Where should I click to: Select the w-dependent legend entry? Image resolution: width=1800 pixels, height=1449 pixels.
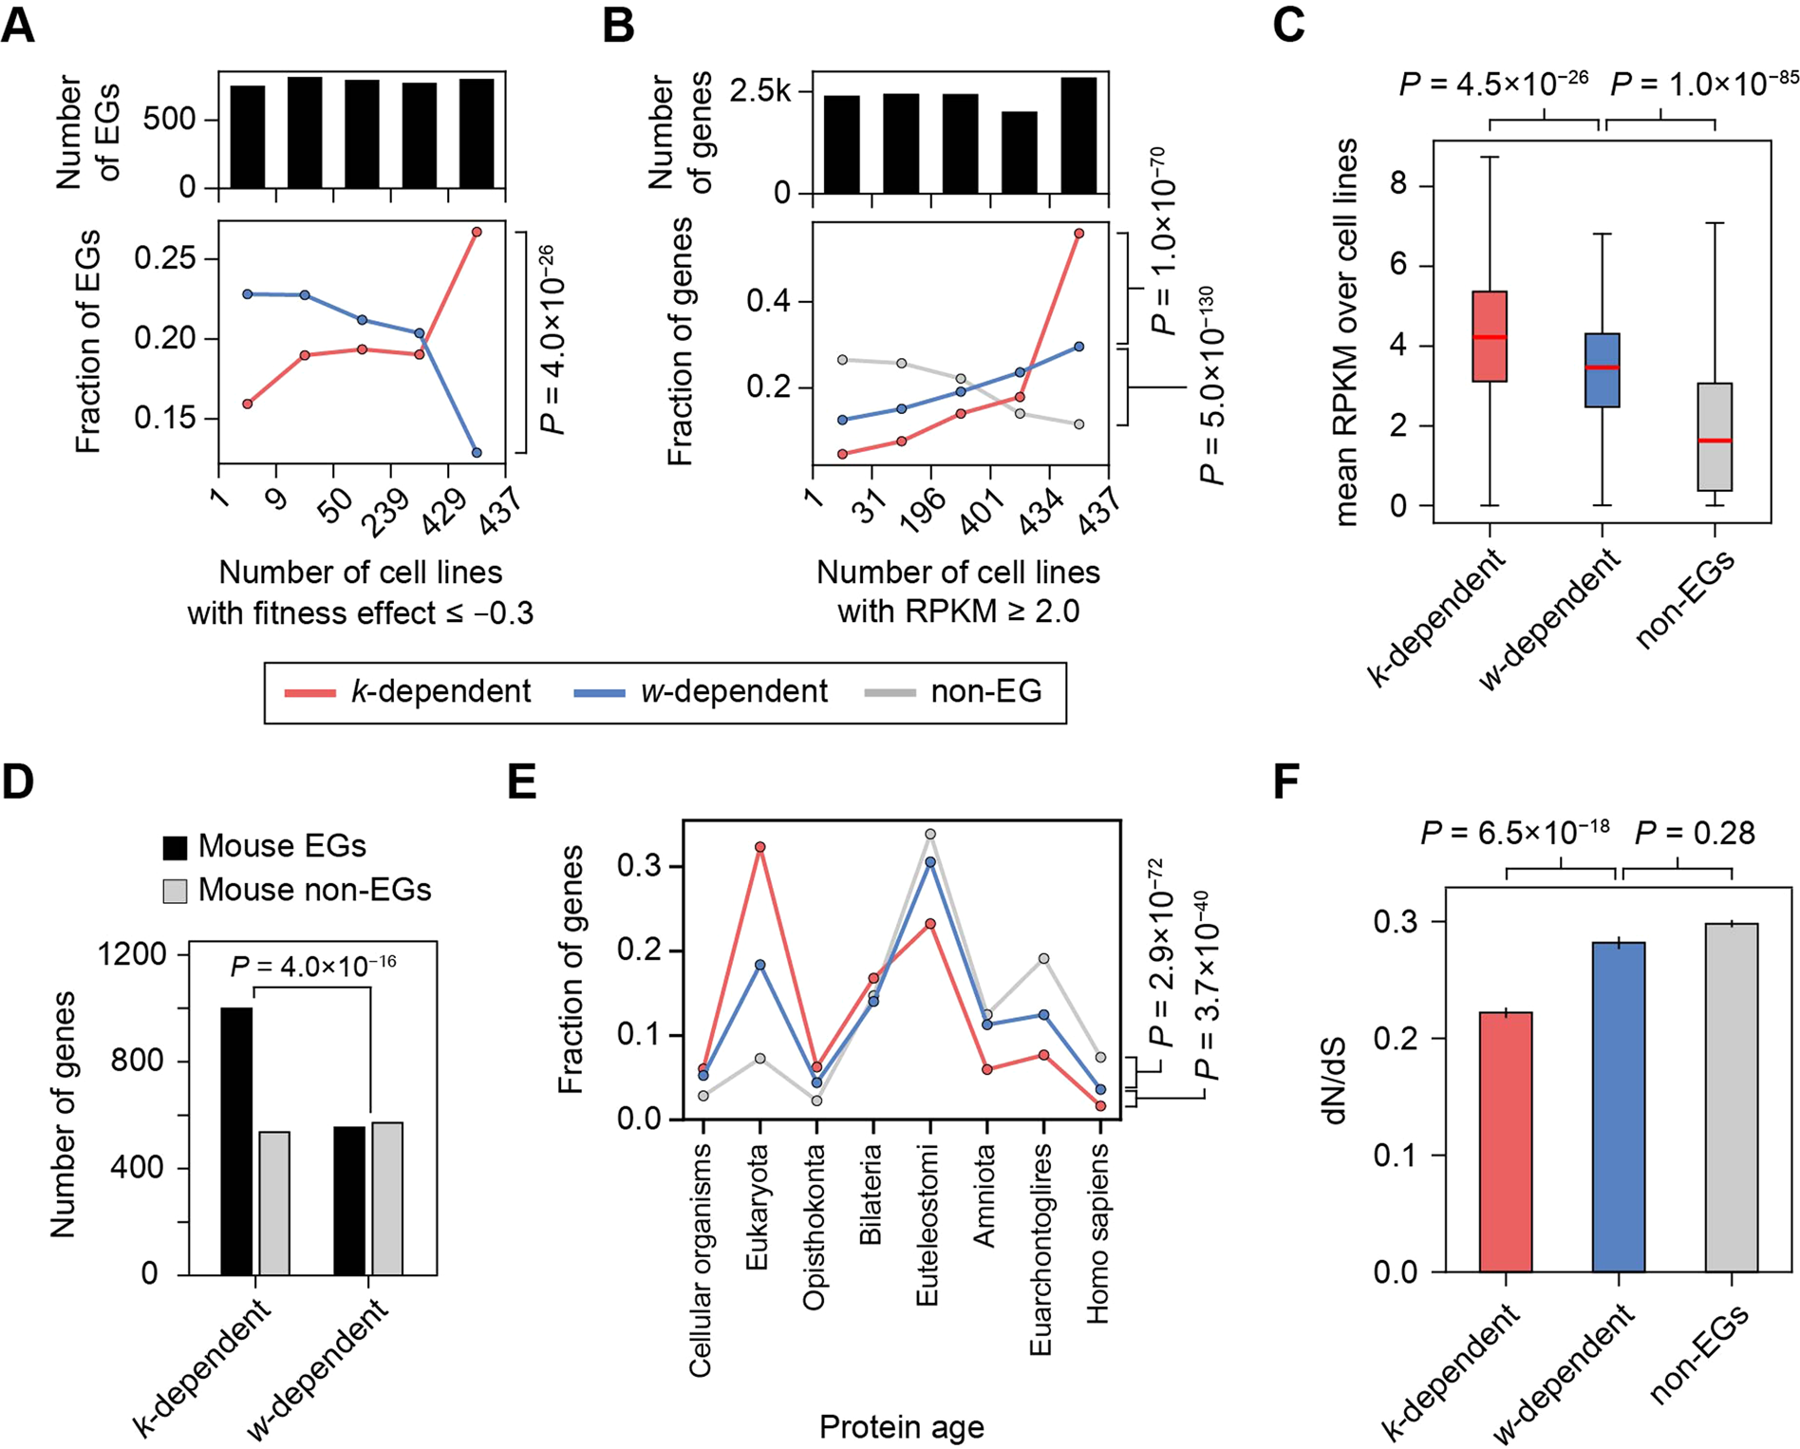coord(702,691)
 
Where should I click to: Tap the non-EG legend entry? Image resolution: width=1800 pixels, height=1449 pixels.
coord(954,691)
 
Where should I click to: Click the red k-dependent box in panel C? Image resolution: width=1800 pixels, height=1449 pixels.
coord(1490,336)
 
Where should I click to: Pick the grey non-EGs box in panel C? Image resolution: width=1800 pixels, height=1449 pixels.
coord(1715,437)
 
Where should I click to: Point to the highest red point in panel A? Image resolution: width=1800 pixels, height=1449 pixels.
coord(477,232)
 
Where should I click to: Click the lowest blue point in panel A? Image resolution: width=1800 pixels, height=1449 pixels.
coord(477,453)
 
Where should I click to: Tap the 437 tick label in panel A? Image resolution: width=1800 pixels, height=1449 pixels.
coord(500,509)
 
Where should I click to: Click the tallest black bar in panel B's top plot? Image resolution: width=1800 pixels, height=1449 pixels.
coord(1078,135)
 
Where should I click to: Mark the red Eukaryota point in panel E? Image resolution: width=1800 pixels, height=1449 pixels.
coord(759,847)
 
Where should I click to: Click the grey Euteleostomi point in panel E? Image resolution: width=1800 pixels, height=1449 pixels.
coord(930,835)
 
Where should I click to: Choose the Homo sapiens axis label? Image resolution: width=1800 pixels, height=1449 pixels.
coord(1097,1233)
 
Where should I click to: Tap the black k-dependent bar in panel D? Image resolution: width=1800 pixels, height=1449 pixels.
coord(236,1139)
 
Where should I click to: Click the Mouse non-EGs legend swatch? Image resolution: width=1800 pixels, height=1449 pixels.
coord(176,891)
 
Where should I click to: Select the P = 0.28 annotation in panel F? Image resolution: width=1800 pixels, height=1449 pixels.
coord(1695,834)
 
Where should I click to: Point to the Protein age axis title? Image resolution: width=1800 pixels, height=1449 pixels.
coord(901,1426)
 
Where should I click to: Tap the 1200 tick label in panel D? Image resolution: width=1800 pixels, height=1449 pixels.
coord(133,953)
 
